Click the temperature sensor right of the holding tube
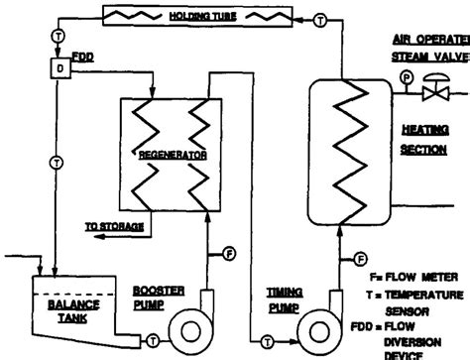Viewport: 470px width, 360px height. (320, 20)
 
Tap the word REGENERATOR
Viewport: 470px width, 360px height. (171, 156)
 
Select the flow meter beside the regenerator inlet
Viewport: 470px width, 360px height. (230, 254)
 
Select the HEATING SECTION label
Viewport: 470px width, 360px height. (422, 140)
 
